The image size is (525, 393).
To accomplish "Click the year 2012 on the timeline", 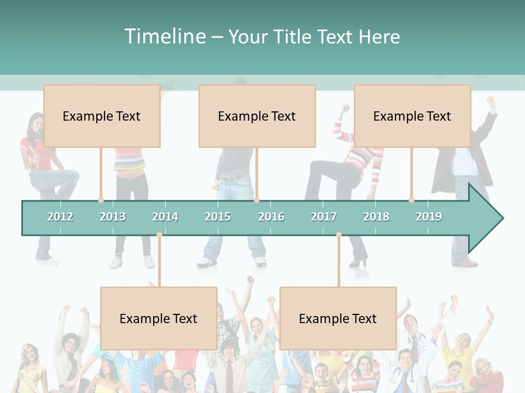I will pyautogui.click(x=60, y=217).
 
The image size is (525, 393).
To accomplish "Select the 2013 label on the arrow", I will pyautogui.click(x=113, y=217).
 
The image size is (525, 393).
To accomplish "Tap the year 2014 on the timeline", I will pyautogui.click(x=165, y=217).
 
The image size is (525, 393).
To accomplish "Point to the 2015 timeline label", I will pyautogui.click(x=218, y=217).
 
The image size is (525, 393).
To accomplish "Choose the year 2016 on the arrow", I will pyautogui.click(x=271, y=217).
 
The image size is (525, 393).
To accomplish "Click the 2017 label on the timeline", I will pyautogui.click(x=324, y=217).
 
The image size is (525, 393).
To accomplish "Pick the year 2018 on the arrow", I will pyautogui.click(x=376, y=217).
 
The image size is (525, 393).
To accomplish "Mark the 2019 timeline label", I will pyautogui.click(x=429, y=217).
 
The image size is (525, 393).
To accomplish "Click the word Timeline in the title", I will pyautogui.click(x=165, y=37).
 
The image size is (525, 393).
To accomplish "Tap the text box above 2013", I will pyautogui.click(x=102, y=116).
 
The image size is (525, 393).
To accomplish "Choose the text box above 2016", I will pyautogui.click(x=257, y=116).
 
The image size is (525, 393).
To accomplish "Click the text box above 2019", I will pyautogui.click(x=412, y=116).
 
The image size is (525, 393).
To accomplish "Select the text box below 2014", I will pyautogui.click(x=159, y=318).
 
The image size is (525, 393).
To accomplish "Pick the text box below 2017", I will pyautogui.click(x=338, y=318).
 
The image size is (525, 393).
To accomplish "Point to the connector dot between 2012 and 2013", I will pyautogui.click(x=101, y=200).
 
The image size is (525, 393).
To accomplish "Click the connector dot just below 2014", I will pyautogui.click(x=159, y=235).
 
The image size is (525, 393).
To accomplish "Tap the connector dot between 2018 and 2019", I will pyautogui.click(x=412, y=200).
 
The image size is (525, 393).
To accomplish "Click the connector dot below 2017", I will pyautogui.click(x=339, y=235).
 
